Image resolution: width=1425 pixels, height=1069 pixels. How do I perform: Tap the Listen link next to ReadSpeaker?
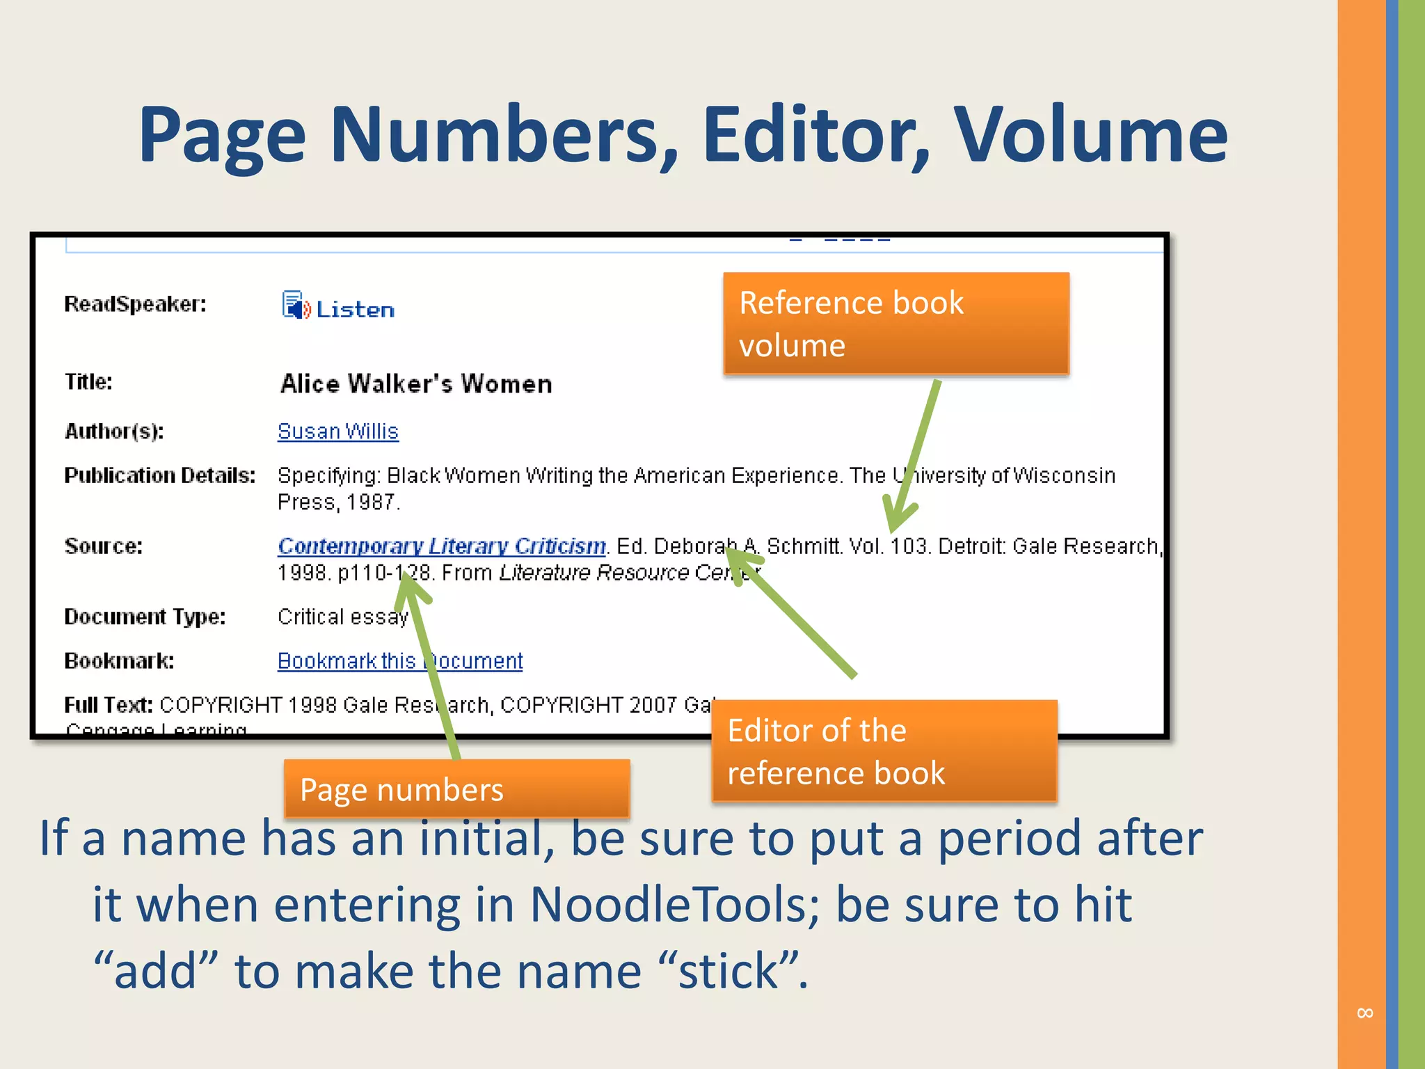355,309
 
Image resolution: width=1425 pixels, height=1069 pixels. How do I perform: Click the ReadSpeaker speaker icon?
295,305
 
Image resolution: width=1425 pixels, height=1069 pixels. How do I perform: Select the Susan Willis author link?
337,431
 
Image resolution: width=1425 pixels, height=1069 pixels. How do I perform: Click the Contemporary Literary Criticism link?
442,546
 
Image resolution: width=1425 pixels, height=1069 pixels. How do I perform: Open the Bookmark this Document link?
399,660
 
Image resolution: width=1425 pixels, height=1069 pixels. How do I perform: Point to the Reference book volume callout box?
895,324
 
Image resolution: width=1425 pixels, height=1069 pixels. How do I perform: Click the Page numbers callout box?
456,789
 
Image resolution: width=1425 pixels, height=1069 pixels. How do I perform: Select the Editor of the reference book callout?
884,751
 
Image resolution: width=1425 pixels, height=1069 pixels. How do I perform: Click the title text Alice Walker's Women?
416,383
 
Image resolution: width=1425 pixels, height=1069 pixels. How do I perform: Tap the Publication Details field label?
159,475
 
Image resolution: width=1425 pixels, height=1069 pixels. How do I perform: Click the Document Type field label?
145,617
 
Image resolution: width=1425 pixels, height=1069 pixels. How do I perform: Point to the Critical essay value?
342,617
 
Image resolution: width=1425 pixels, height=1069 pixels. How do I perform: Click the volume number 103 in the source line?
909,546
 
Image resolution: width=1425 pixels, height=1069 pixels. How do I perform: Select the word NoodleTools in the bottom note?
674,905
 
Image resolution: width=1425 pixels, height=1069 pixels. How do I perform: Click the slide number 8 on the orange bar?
1364,1013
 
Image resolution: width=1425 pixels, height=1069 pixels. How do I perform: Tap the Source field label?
103,546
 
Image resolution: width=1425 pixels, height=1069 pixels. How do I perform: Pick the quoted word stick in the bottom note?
728,971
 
